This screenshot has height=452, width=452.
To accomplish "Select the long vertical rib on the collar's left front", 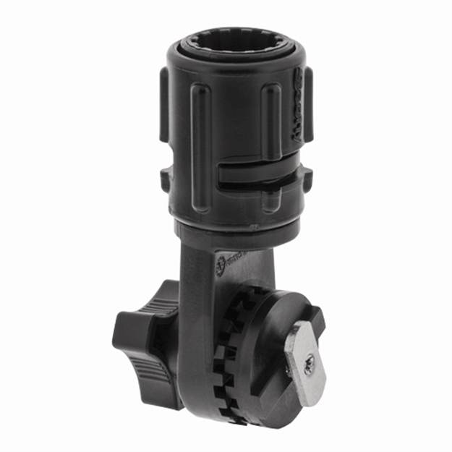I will tap(200, 145).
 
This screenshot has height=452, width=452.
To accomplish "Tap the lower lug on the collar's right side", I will tap(306, 180).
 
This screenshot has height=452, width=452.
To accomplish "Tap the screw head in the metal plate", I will tap(309, 366).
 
